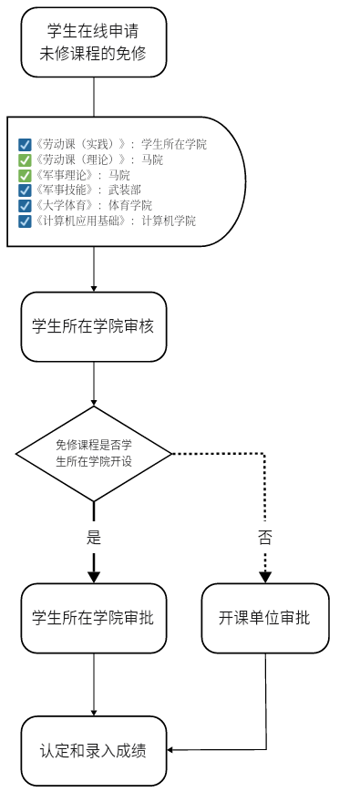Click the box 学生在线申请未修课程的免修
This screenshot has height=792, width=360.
pos(94,43)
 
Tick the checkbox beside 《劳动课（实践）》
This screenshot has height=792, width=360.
pos(25,144)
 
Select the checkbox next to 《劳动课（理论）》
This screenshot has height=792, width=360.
pos(25,159)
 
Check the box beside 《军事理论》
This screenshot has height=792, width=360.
pos(25,175)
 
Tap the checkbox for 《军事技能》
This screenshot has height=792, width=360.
pos(25,190)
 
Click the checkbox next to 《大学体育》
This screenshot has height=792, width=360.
pos(25,205)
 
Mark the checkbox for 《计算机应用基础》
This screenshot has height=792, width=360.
pos(25,221)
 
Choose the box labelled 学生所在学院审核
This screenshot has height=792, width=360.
pos(94,326)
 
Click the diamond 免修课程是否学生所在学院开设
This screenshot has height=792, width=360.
pos(94,453)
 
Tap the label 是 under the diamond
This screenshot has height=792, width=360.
pos(94,538)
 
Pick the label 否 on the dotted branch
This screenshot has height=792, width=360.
pos(265,538)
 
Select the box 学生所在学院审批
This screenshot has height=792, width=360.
pos(94,618)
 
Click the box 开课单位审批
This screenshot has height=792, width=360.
pos(265,618)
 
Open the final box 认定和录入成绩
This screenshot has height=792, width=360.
pos(94,751)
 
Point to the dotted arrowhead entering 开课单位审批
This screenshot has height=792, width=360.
pos(265,576)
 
